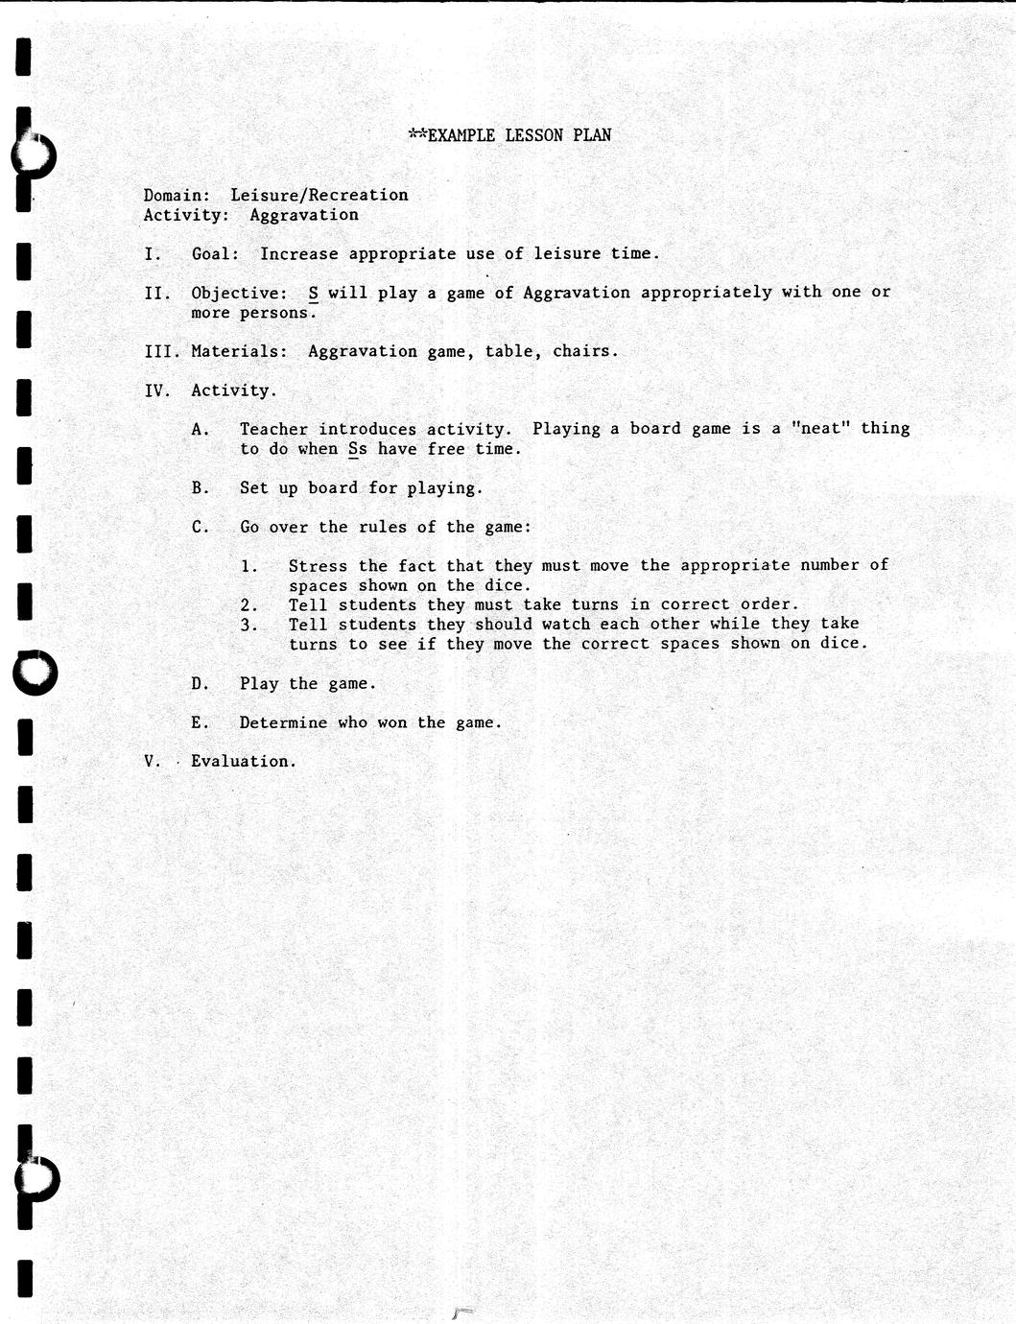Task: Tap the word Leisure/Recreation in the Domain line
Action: [x=319, y=195]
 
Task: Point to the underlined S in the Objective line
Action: [x=313, y=293]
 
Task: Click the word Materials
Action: [x=237, y=351]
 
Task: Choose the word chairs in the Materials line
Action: [x=581, y=351]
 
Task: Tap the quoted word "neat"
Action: [x=820, y=429]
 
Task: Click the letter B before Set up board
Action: [x=199, y=488]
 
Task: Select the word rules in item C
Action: [x=383, y=527]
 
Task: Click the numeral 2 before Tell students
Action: [x=247, y=605]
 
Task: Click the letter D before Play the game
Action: [x=199, y=684]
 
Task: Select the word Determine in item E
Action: [x=283, y=722]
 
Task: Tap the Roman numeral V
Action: [x=150, y=761]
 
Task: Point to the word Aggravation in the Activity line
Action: [x=304, y=215]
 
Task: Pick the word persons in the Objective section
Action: [x=275, y=313]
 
